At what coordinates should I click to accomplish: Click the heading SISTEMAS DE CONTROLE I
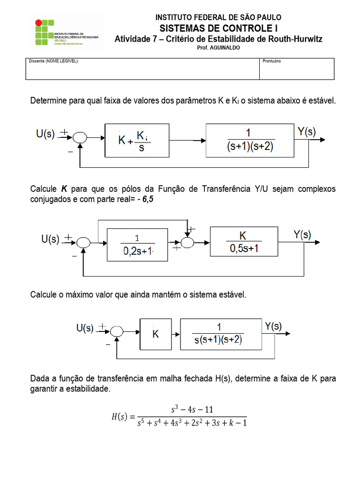218,28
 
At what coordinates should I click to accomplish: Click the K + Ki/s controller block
136,140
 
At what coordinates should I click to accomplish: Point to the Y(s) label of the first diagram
307,132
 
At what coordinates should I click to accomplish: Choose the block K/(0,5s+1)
243,242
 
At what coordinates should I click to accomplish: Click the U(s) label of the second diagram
50,239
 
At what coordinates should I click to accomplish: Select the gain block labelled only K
155,334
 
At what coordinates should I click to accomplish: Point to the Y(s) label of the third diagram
273,326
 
